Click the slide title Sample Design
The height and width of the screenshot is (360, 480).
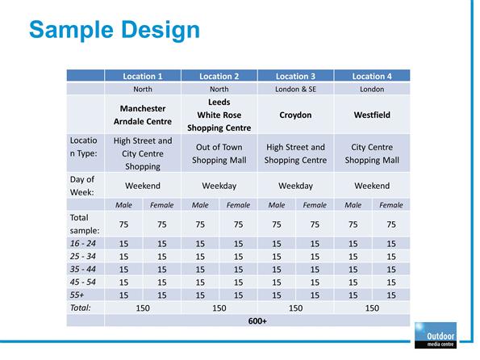[x=115, y=31]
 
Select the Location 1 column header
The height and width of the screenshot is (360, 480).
[x=143, y=77]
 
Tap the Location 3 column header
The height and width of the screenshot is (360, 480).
[x=295, y=77]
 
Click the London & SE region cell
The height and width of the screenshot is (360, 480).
[x=295, y=89]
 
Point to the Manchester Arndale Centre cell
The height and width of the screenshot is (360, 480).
[x=143, y=115]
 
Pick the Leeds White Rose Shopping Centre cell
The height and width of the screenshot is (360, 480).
[x=219, y=115]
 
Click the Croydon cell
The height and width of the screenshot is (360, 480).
[x=295, y=115]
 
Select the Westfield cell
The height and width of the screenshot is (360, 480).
[x=372, y=115]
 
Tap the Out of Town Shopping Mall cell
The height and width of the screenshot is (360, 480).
[x=219, y=153]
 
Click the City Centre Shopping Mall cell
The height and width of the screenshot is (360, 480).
[x=372, y=153]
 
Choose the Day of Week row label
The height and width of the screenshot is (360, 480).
[x=82, y=186]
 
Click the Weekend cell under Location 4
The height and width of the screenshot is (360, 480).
[x=372, y=186]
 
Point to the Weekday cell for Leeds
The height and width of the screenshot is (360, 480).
[x=219, y=186]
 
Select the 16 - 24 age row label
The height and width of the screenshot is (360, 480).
[x=82, y=243]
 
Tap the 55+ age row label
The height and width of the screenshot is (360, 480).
[x=77, y=295]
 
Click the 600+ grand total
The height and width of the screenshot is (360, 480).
[x=257, y=320]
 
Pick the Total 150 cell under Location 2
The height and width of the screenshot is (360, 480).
[x=219, y=308]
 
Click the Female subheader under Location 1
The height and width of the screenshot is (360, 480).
[x=161, y=205]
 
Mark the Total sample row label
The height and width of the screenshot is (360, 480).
[x=85, y=224]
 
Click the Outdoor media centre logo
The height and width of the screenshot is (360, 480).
[x=436, y=335]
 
